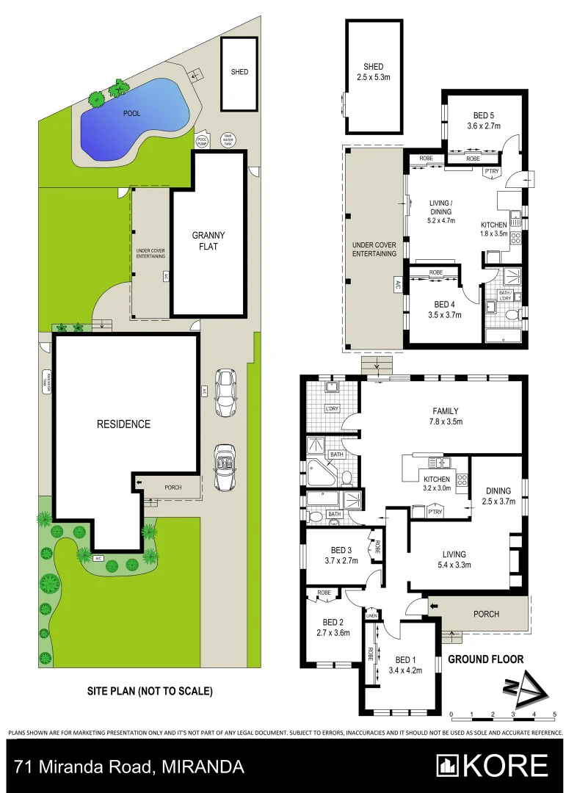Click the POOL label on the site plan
[131, 114]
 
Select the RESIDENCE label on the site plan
[123, 424]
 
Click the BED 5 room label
[483, 120]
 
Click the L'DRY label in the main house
[331, 409]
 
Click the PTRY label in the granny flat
[491, 173]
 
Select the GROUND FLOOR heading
[485, 659]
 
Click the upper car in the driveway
[225, 394]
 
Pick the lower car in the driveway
[225, 467]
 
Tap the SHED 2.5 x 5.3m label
[374, 71]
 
